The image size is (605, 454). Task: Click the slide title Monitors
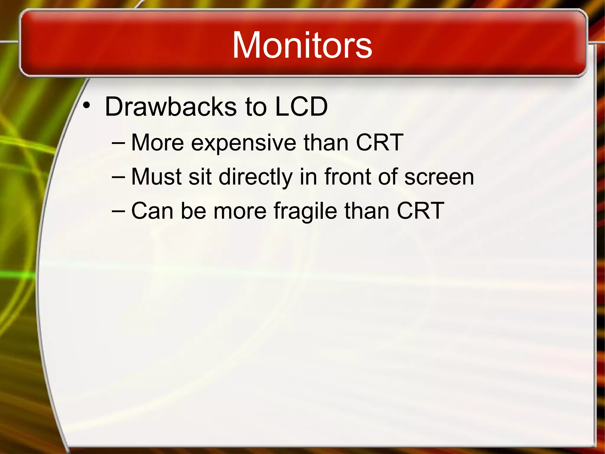tap(302, 45)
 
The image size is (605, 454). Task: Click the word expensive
tap(243, 143)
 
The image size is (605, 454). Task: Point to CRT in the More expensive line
tap(379, 142)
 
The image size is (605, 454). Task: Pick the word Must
tap(156, 177)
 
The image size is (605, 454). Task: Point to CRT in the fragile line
tap(420, 211)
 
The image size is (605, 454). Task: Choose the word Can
tap(152, 211)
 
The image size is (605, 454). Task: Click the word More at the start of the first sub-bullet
tap(157, 143)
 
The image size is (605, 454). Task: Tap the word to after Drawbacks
tap(256, 107)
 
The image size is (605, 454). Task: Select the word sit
tap(200, 177)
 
